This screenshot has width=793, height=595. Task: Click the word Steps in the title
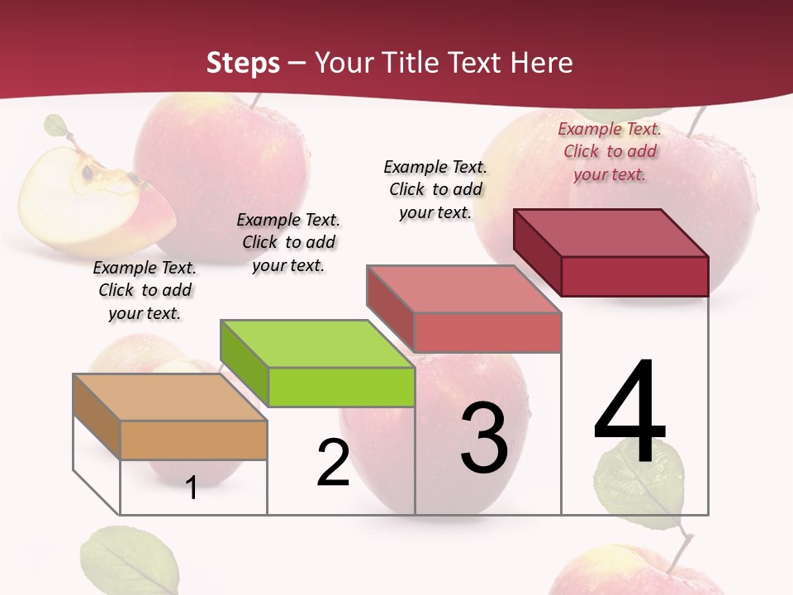point(243,63)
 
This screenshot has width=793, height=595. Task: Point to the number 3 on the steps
point(484,438)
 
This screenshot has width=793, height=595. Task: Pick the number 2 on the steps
point(333,463)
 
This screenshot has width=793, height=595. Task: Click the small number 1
point(192,488)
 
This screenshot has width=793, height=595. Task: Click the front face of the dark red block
point(634,276)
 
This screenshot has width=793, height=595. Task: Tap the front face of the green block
point(341,387)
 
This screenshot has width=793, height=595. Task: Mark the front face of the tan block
point(193,440)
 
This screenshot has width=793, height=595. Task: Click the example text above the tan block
point(145,290)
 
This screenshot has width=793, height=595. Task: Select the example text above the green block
point(288,242)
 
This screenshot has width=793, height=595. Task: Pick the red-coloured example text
point(610,151)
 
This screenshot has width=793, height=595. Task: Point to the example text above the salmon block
point(435,189)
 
